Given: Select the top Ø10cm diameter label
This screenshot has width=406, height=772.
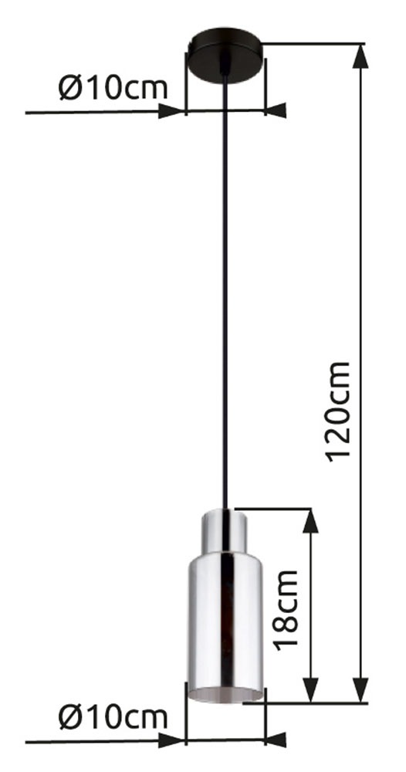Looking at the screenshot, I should (x=113, y=88).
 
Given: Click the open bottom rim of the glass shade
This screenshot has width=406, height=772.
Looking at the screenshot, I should (x=225, y=692).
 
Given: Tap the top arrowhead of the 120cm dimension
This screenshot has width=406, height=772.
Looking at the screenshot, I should (x=361, y=56).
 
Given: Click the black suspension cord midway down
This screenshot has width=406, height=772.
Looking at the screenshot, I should (x=225, y=309).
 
